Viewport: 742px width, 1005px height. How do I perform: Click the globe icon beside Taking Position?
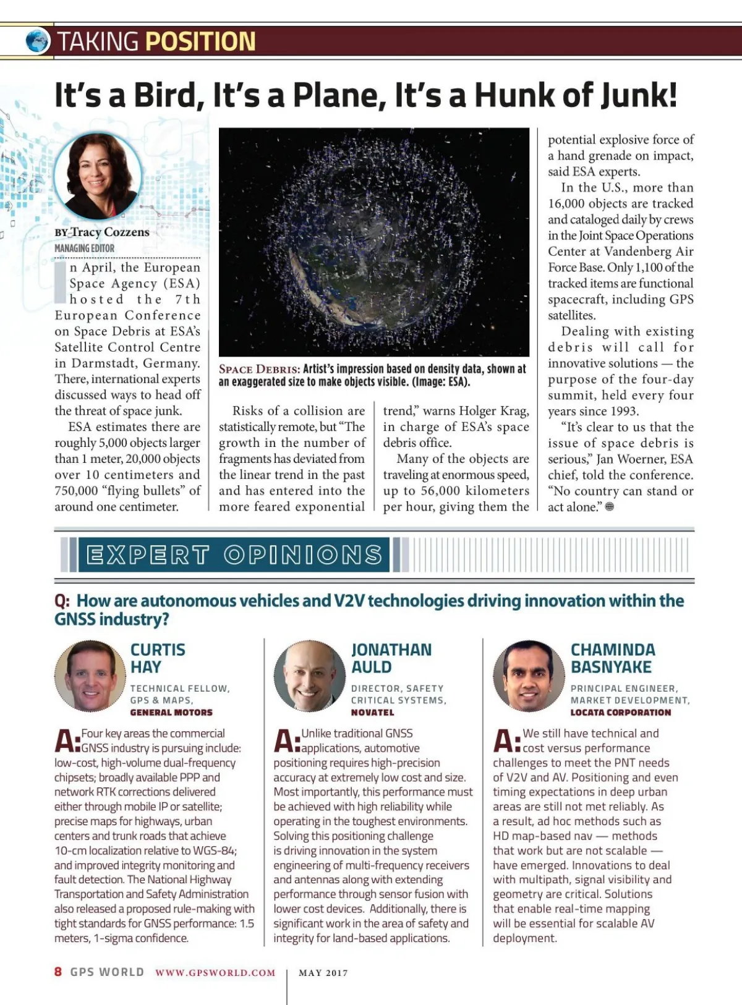[38, 41]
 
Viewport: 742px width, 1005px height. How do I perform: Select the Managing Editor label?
[84, 248]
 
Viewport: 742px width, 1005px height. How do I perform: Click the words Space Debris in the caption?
[260, 370]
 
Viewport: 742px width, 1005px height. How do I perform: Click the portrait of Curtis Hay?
[90, 676]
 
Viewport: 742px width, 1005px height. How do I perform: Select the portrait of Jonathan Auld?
[309, 676]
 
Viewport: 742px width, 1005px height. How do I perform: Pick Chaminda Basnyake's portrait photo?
[529, 676]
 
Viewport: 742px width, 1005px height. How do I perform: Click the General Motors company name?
[171, 713]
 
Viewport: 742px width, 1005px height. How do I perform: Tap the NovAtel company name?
[372, 713]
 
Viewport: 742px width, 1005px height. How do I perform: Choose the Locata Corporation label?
[620, 713]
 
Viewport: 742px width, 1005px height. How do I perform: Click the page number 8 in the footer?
[58, 972]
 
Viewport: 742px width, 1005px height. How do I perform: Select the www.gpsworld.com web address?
[215, 973]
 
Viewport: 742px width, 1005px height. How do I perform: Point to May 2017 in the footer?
[323, 973]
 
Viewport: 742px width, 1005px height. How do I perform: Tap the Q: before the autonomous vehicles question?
[62, 601]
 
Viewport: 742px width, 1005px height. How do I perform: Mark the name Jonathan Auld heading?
[391, 658]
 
